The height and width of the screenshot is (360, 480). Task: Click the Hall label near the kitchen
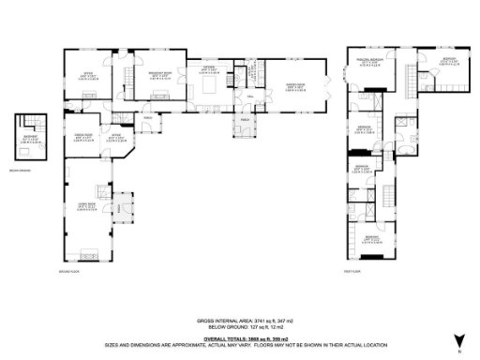click(x=250, y=97)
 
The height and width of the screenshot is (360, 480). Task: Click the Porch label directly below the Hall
click(x=246, y=119)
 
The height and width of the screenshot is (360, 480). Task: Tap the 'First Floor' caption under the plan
click(x=353, y=271)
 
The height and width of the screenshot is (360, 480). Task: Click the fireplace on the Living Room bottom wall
click(x=91, y=252)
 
